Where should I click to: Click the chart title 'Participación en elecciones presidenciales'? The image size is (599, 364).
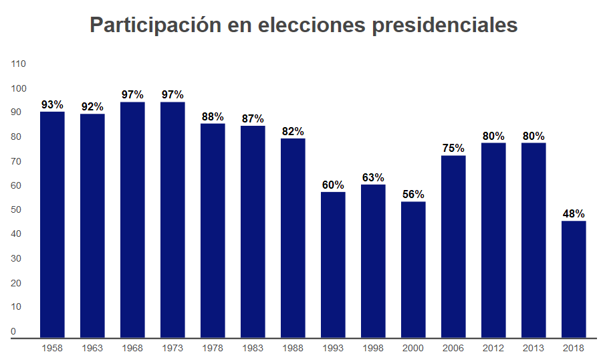304,25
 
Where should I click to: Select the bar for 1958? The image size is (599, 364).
52,224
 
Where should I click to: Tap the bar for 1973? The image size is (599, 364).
172,219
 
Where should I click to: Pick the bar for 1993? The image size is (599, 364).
333,264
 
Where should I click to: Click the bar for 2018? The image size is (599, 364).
574,279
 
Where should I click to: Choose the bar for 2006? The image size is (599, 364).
453,246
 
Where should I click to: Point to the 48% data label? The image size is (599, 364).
574,214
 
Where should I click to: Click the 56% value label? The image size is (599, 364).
413,195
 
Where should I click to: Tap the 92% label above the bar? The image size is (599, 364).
92,107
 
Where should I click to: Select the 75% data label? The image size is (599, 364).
453,149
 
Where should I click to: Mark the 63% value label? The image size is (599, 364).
373,178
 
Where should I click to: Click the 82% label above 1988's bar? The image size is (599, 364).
293,132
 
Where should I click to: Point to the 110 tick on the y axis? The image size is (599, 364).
18,64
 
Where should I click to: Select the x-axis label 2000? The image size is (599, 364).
413,349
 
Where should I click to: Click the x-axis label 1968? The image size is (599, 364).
132,349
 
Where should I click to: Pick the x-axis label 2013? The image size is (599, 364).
533,349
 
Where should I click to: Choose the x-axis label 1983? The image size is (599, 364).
253,349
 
